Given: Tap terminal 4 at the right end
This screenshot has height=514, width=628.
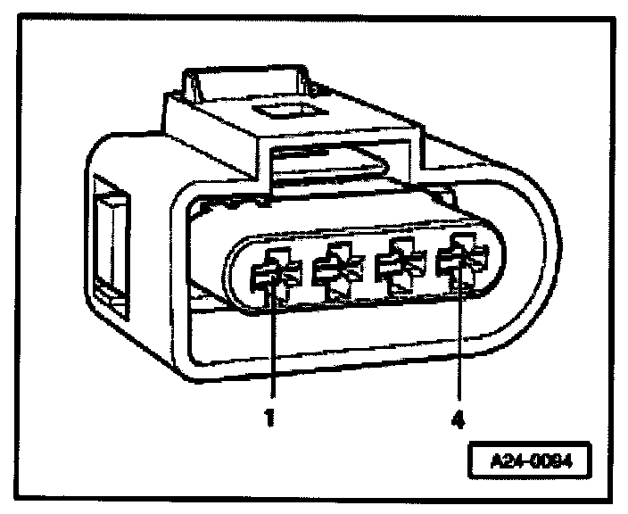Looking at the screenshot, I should point(458,261).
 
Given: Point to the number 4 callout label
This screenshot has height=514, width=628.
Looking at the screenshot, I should point(459,417).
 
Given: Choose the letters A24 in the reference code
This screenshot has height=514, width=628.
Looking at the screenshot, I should point(507,465).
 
